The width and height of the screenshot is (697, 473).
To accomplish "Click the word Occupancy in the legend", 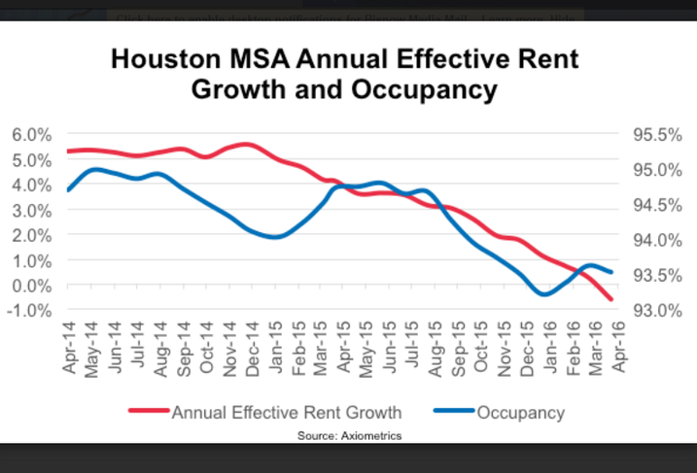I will (520, 412).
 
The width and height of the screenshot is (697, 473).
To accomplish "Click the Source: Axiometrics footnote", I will (349, 436).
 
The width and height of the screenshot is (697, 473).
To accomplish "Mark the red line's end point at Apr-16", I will (611, 299).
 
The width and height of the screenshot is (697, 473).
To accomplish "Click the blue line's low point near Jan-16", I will (544, 293).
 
